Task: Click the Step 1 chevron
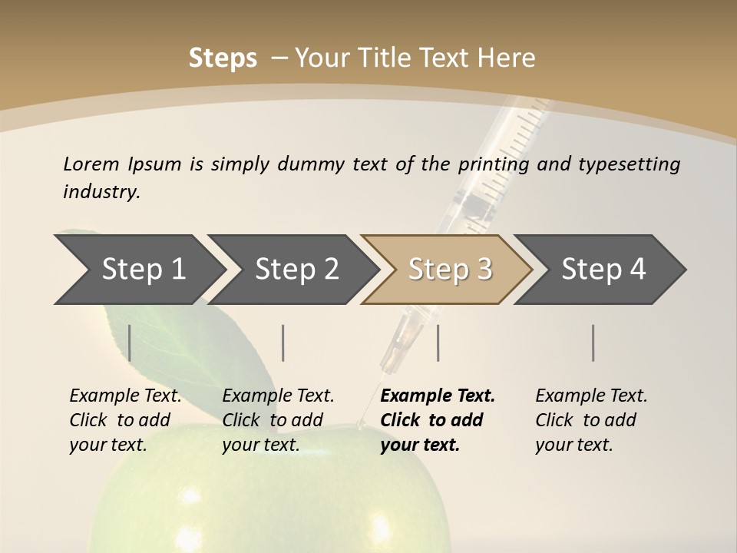click(x=142, y=270)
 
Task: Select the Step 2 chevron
click(x=296, y=270)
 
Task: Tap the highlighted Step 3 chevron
click(x=449, y=270)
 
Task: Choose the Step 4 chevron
click(x=603, y=270)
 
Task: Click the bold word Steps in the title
click(x=223, y=58)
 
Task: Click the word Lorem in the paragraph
click(x=91, y=164)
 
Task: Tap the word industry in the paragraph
click(x=101, y=192)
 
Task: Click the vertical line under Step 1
click(x=129, y=343)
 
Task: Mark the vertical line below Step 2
click(x=283, y=343)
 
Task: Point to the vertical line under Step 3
click(x=438, y=343)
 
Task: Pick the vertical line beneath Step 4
click(x=593, y=343)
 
